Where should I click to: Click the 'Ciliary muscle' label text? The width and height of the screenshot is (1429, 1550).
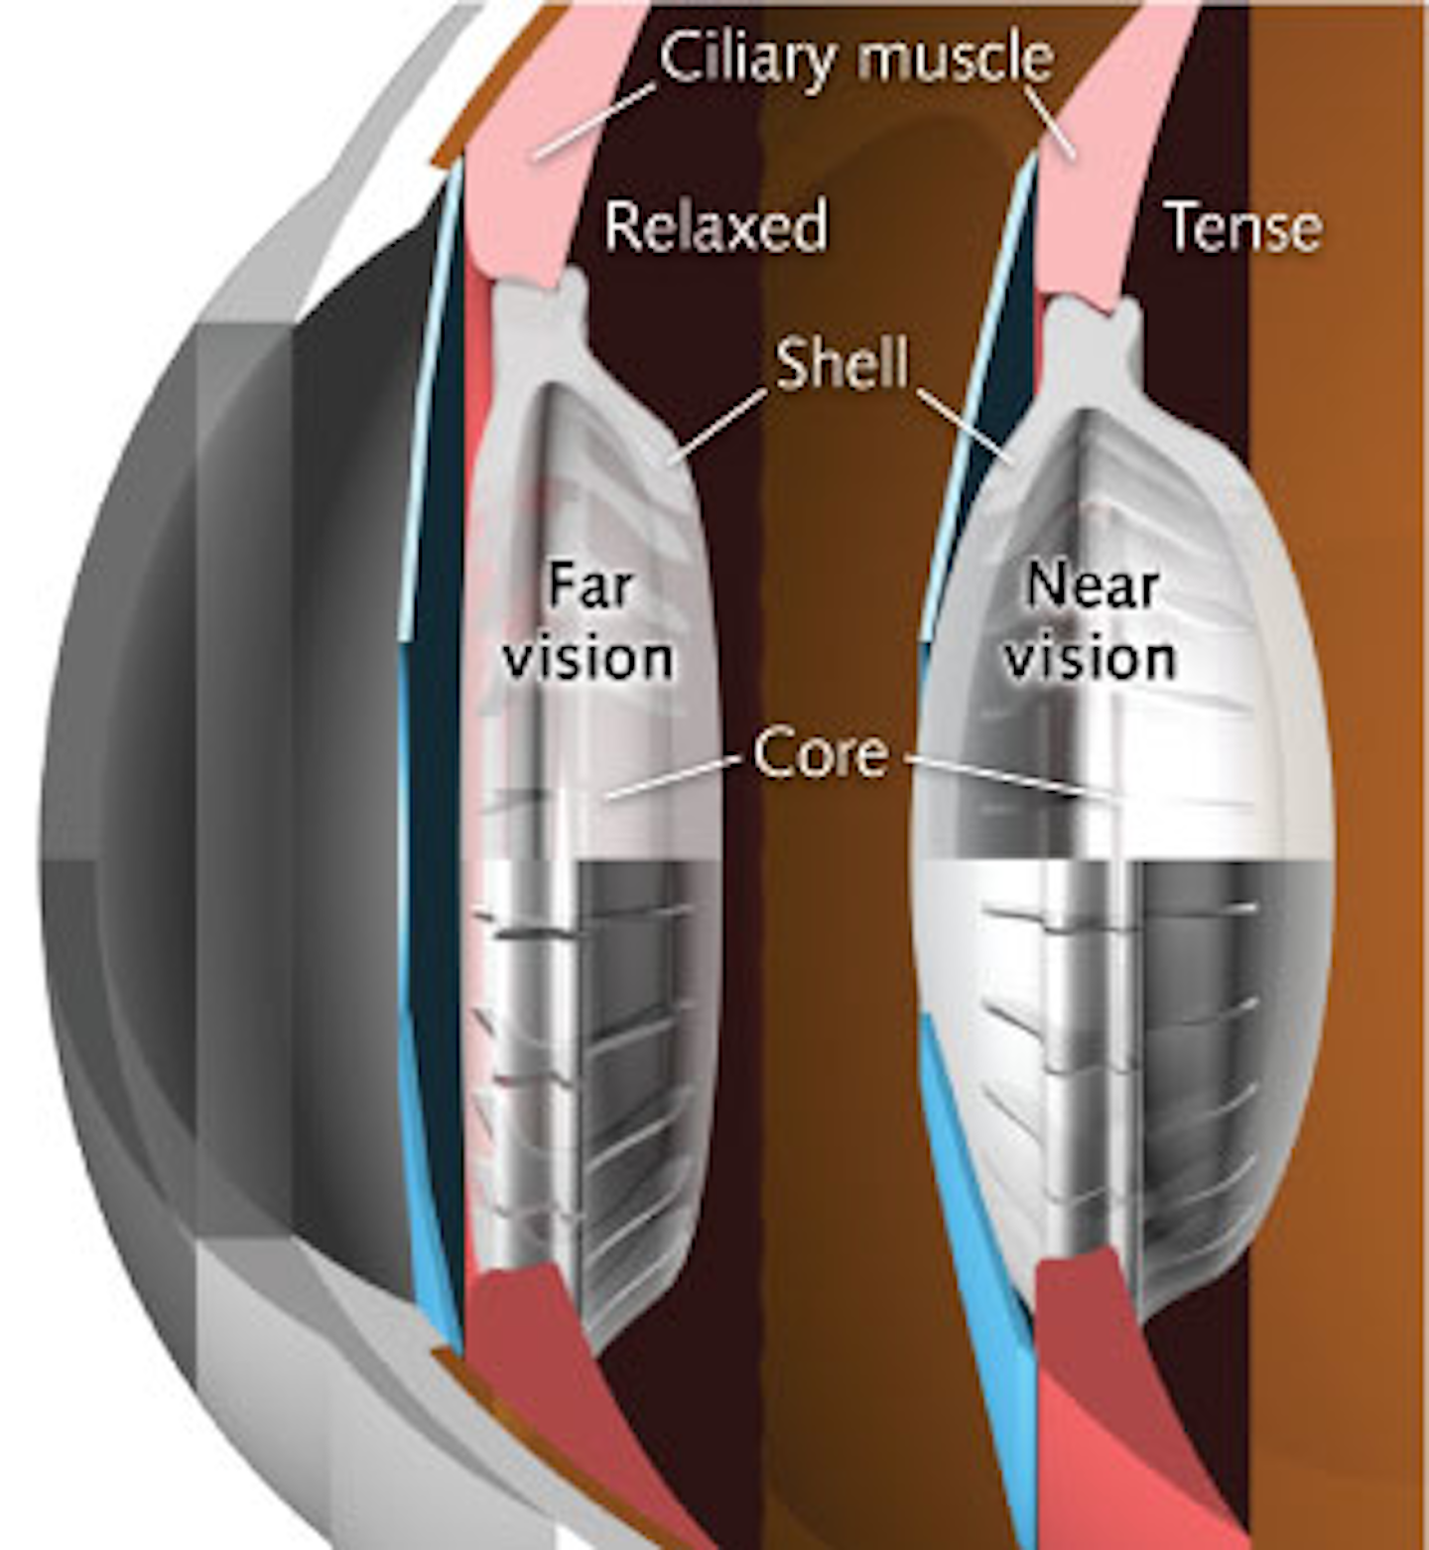[855, 58]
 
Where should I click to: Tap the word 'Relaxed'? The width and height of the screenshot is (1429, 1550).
[715, 225]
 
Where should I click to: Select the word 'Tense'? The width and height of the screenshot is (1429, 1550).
[1242, 226]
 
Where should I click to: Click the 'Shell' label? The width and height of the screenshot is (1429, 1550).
[842, 362]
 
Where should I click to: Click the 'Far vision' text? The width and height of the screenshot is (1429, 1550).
[589, 622]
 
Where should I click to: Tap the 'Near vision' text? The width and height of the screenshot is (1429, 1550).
[1091, 622]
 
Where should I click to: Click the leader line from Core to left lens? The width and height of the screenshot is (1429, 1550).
[675, 778]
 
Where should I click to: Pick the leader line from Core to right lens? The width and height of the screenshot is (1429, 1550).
[1002, 776]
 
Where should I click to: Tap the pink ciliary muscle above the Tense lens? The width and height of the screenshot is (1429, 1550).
[1092, 218]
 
